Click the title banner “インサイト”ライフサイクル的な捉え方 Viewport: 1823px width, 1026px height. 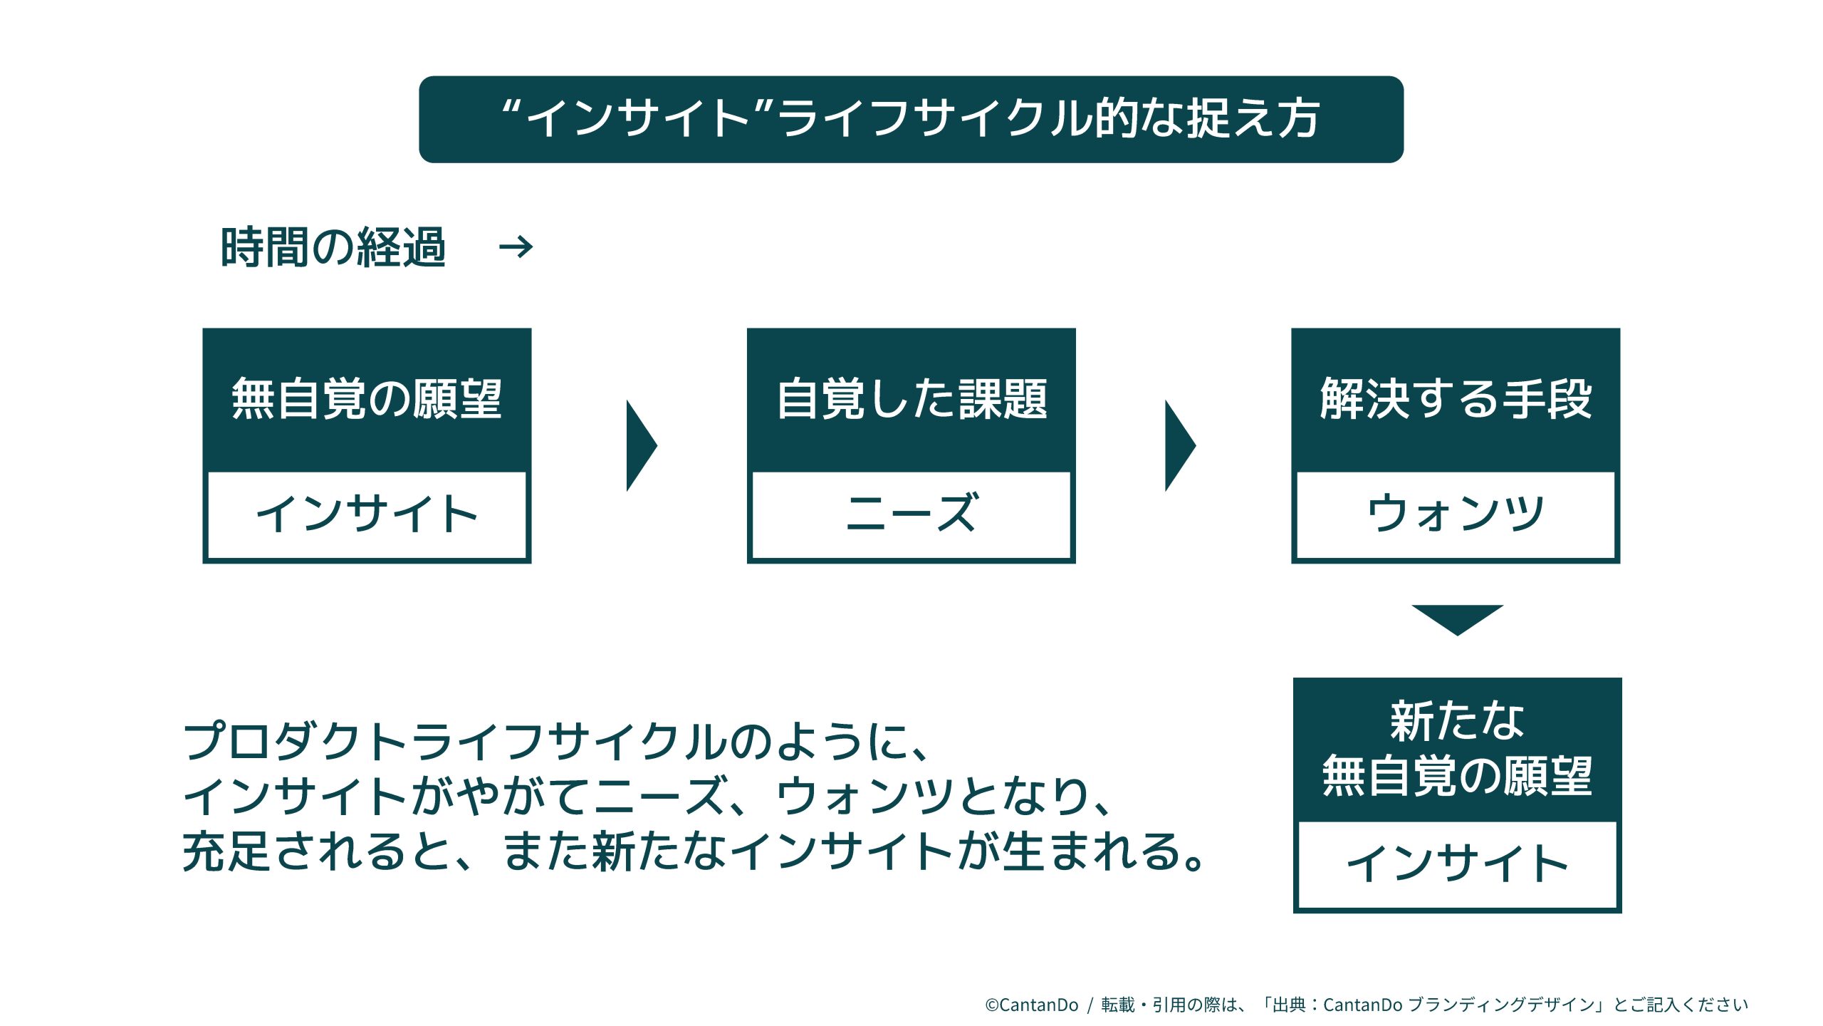click(x=911, y=119)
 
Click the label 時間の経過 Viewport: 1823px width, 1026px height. click(x=333, y=248)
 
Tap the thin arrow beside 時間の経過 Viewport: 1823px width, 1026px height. click(x=516, y=247)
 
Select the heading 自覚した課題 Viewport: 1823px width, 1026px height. click(x=911, y=399)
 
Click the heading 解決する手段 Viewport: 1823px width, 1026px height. click(x=1456, y=399)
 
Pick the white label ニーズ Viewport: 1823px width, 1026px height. click(x=911, y=514)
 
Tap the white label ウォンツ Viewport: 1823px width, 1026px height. click(x=1456, y=514)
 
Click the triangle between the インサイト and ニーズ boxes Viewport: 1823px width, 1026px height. click(x=639, y=445)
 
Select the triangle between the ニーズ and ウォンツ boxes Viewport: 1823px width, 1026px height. click(x=1179, y=445)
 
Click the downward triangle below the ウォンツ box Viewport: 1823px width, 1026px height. click(x=1457, y=618)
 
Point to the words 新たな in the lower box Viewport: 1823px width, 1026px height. click(x=1457, y=721)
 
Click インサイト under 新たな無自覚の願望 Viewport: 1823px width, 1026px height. click(x=1457, y=864)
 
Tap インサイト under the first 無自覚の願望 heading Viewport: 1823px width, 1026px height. click(x=367, y=514)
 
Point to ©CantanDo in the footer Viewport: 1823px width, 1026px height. click(x=1031, y=1005)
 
